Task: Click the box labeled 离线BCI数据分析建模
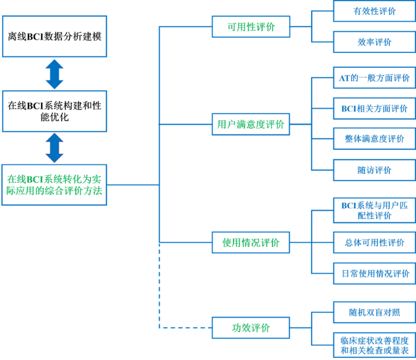[54, 37]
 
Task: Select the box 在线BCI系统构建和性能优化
[54, 111]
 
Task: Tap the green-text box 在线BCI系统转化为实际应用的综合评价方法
[54, 185]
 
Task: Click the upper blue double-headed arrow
[55, 74]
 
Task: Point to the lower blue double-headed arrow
[55, 148]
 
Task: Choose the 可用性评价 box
[250, 27]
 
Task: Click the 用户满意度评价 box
[250, 124]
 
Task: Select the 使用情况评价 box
[250, 243]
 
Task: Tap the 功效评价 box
[250, 328]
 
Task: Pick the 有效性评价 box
[374, 11]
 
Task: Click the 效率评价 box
[374, 42]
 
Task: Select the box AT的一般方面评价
[374, 78]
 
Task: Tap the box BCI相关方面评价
[374, 108]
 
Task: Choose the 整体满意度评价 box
[374, 139]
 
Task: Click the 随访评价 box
[374, 170]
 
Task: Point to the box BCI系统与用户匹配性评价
[374, 210]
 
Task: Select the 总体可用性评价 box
[374, 243]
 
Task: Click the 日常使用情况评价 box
[374, 273]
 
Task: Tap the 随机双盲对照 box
[374, 312]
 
